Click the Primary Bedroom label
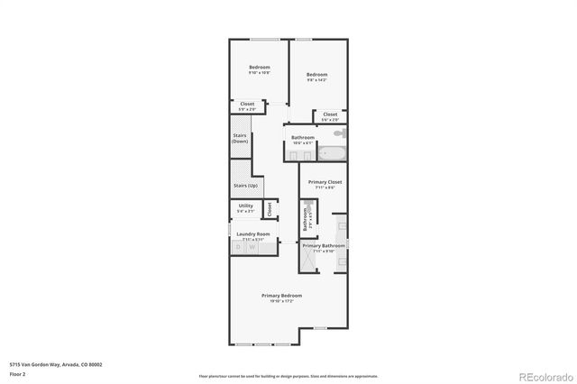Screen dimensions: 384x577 click(x=281, y=296)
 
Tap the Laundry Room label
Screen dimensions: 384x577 click(x=253, y=234)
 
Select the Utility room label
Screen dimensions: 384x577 click(x=245, y=206)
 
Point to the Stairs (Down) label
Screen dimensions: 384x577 click(x=240, y=138)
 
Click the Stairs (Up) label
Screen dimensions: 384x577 click(x=246, y=185)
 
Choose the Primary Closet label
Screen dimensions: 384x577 click(x=324, y=182)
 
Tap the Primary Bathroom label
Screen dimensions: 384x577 click(x=323, y=246)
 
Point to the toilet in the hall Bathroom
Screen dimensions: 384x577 click(x=337, y=134)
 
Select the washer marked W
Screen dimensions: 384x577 click(x=252, y=247)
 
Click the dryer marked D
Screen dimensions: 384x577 click(x=239, y=247)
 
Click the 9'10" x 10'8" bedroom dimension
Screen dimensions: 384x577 click(x=260, y=73)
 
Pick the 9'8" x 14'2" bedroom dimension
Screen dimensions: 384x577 click(x=316, y=80)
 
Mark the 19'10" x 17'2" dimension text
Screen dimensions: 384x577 click(x=281, y=301)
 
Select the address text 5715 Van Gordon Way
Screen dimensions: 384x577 click(x=55, y=364)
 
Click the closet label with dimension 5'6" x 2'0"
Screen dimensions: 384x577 click(x=330, y=114)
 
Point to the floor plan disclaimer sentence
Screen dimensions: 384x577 click(x=288, y=376)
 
